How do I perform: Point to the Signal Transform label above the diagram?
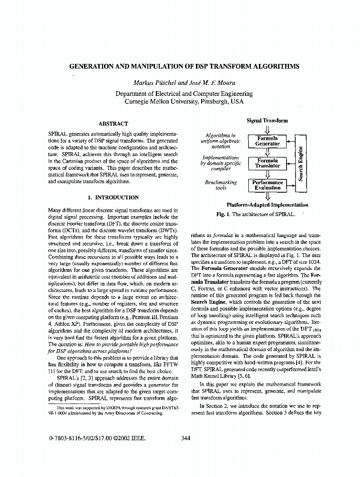coord(267,121)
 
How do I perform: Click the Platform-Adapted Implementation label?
coord(267,205)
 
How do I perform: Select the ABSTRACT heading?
coord(113,124)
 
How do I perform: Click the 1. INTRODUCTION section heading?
coord(113,197)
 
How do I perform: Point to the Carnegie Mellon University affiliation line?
coord(184,102)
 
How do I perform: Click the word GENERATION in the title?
coord(91,66)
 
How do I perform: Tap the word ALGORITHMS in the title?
coord(277,66)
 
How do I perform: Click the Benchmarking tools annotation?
coord(221,185)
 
